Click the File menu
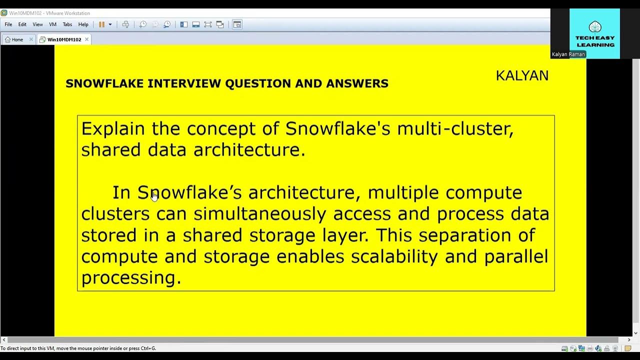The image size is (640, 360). point(8,24)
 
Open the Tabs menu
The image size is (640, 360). point(67,24)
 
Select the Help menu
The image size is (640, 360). point(83,24)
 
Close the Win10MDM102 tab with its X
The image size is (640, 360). point(86,39)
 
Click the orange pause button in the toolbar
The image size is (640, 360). point(101,24)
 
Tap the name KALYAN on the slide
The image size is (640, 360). point(522,75)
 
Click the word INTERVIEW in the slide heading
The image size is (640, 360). point(184,83)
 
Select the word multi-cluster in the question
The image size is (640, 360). point(455,129)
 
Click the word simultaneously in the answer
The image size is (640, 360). point(259,214)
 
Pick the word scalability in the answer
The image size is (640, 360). point(394,257)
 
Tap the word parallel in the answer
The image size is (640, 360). point(515,257)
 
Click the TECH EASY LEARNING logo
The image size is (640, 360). point(594,33)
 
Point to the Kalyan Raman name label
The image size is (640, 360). point(568,54)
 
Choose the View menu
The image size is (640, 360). point(37,24)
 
